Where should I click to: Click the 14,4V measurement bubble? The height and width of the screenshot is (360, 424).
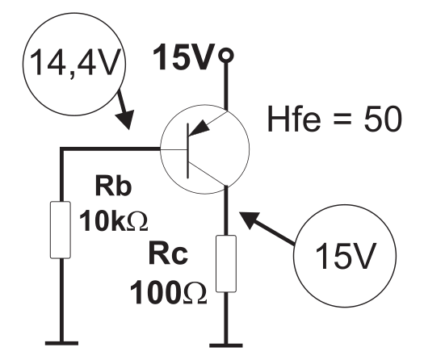pyautogui.click(x=74, y=64)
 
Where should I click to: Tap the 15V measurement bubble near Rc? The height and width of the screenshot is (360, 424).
pyautogui.click(x=345, y=256)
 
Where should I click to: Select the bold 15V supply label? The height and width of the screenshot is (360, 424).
pyautogui.click(x=184, y=57)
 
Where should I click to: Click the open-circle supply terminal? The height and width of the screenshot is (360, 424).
pyautogui.click(x=226, y=56)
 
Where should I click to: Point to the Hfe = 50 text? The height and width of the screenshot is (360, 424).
pyautogui.click(x=335, y=119)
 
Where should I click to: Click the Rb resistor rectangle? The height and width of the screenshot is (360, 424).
pyautogui.click(x=61, y=230)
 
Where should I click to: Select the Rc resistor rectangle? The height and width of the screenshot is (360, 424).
pyautogui.click(x=226, y=263)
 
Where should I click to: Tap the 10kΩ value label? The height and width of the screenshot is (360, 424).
pyautogui.click(x=114, y=222)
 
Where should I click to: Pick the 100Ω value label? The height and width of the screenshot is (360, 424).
pyautogui.click(x=168, y=293)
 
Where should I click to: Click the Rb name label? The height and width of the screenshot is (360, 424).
pyautogui.click(x=113, y=186)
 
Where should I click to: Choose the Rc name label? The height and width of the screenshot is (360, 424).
pyautogui.click(x=168, y=254)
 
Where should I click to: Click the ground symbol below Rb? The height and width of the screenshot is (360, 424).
pyautogui.click(x=61, y=343)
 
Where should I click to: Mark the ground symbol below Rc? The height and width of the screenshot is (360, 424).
pyautogui.click(x=226, y=345)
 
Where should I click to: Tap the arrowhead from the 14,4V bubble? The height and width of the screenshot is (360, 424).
pyautogui.click(x=126, y=119)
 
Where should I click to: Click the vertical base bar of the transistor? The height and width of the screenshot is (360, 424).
pyautogui.click(x=188, y=151)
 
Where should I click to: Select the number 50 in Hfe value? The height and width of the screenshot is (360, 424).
pyautogui.click(x=383, y=119)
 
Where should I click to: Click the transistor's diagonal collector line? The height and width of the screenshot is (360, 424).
pyautogui.click(x=208, y=174)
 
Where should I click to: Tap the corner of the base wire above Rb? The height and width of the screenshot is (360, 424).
pyautogui.click(x=61, y=149)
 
